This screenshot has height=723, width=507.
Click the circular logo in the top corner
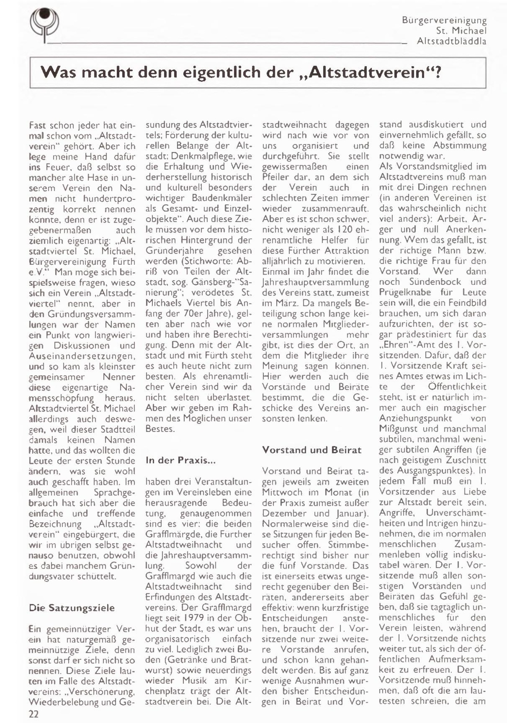(45, 23)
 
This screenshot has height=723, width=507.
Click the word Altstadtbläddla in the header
(451, 41)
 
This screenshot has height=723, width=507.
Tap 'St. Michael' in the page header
(461, 31)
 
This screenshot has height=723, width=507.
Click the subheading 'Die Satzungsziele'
(72, 608)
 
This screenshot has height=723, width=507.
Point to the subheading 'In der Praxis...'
(181, 460)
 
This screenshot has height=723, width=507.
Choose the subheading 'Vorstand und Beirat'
(312, 450)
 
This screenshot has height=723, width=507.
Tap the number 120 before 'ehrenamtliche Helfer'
(337, 230)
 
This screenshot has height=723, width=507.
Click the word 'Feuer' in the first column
(56, 167)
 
